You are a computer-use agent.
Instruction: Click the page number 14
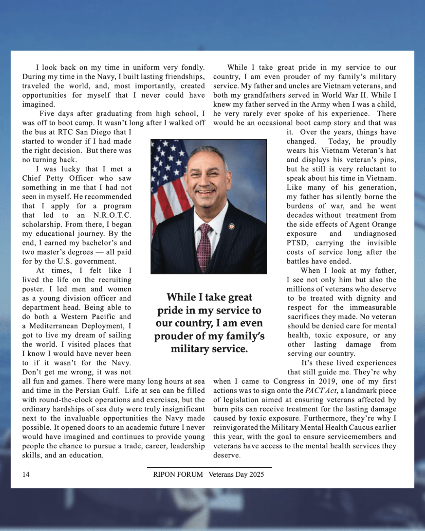tap(26, 474)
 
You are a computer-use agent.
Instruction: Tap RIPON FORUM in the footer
tap(178, 474)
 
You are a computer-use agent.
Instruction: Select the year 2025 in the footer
tap(257, 474)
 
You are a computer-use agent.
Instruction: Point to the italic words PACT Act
tap(321, 391)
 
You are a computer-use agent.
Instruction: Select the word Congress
tap(289, 382)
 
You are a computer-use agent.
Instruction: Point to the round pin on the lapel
tap(231, 227)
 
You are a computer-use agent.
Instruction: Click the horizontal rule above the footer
tap(209, 467)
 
